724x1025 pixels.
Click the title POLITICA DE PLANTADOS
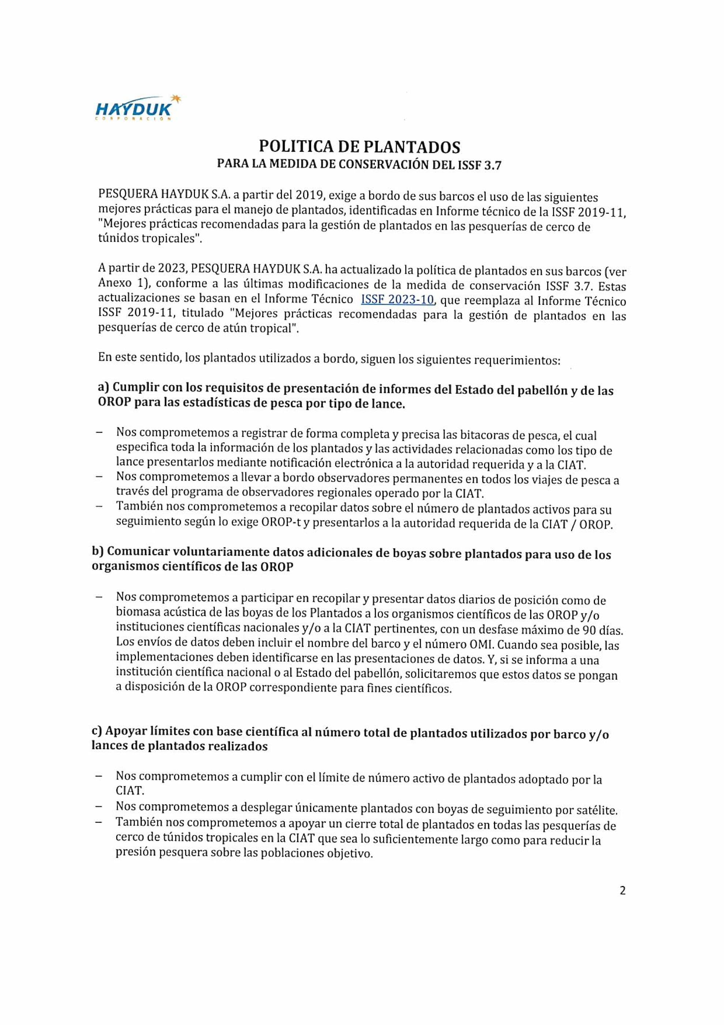[359, 147]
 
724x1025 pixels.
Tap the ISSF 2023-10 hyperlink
[397, 299]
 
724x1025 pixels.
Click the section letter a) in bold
[103, 387]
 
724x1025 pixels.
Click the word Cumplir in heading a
[135, 387]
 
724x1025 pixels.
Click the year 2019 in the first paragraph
[308, 195]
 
